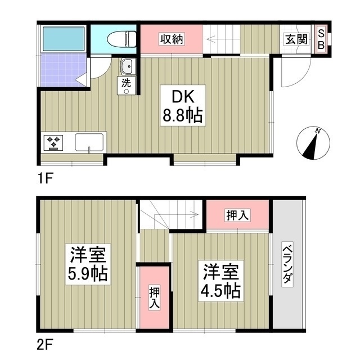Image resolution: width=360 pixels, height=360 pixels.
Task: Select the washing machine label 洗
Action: pos(127,82)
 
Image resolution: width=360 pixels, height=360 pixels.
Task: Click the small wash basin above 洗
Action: pos(127,66)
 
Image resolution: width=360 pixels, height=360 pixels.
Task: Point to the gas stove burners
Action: pos(55,142)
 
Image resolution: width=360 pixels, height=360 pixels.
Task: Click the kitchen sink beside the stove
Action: pos(89,142)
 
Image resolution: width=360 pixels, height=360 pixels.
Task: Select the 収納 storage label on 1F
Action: pos(171,39)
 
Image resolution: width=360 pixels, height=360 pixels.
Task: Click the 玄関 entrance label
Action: pos(295,39)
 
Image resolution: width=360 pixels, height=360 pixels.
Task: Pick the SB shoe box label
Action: pos(321,39)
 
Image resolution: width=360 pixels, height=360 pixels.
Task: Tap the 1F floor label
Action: pos(46,179)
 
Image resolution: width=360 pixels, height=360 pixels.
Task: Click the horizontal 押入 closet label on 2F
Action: pos(238,214)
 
